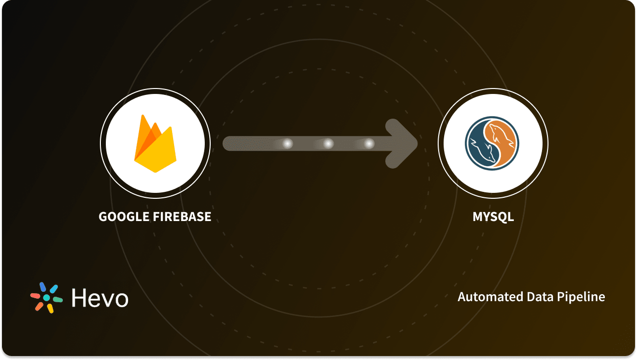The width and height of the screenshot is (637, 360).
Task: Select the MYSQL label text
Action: point(493,217)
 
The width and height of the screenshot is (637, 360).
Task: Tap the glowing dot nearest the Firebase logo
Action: point(287,144)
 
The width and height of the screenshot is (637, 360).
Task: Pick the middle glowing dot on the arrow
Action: point(328,144)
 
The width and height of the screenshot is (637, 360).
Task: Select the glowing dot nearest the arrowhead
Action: point(368,144)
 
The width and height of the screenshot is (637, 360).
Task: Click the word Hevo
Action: point(100,298)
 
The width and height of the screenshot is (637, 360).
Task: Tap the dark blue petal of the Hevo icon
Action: point(43,287)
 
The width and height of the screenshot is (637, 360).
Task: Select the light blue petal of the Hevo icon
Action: point(53,288)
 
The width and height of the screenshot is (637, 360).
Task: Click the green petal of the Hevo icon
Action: point(58,299)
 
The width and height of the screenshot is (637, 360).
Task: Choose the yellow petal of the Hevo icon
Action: point(50,309)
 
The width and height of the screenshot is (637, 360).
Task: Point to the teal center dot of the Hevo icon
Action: point(46,298)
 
